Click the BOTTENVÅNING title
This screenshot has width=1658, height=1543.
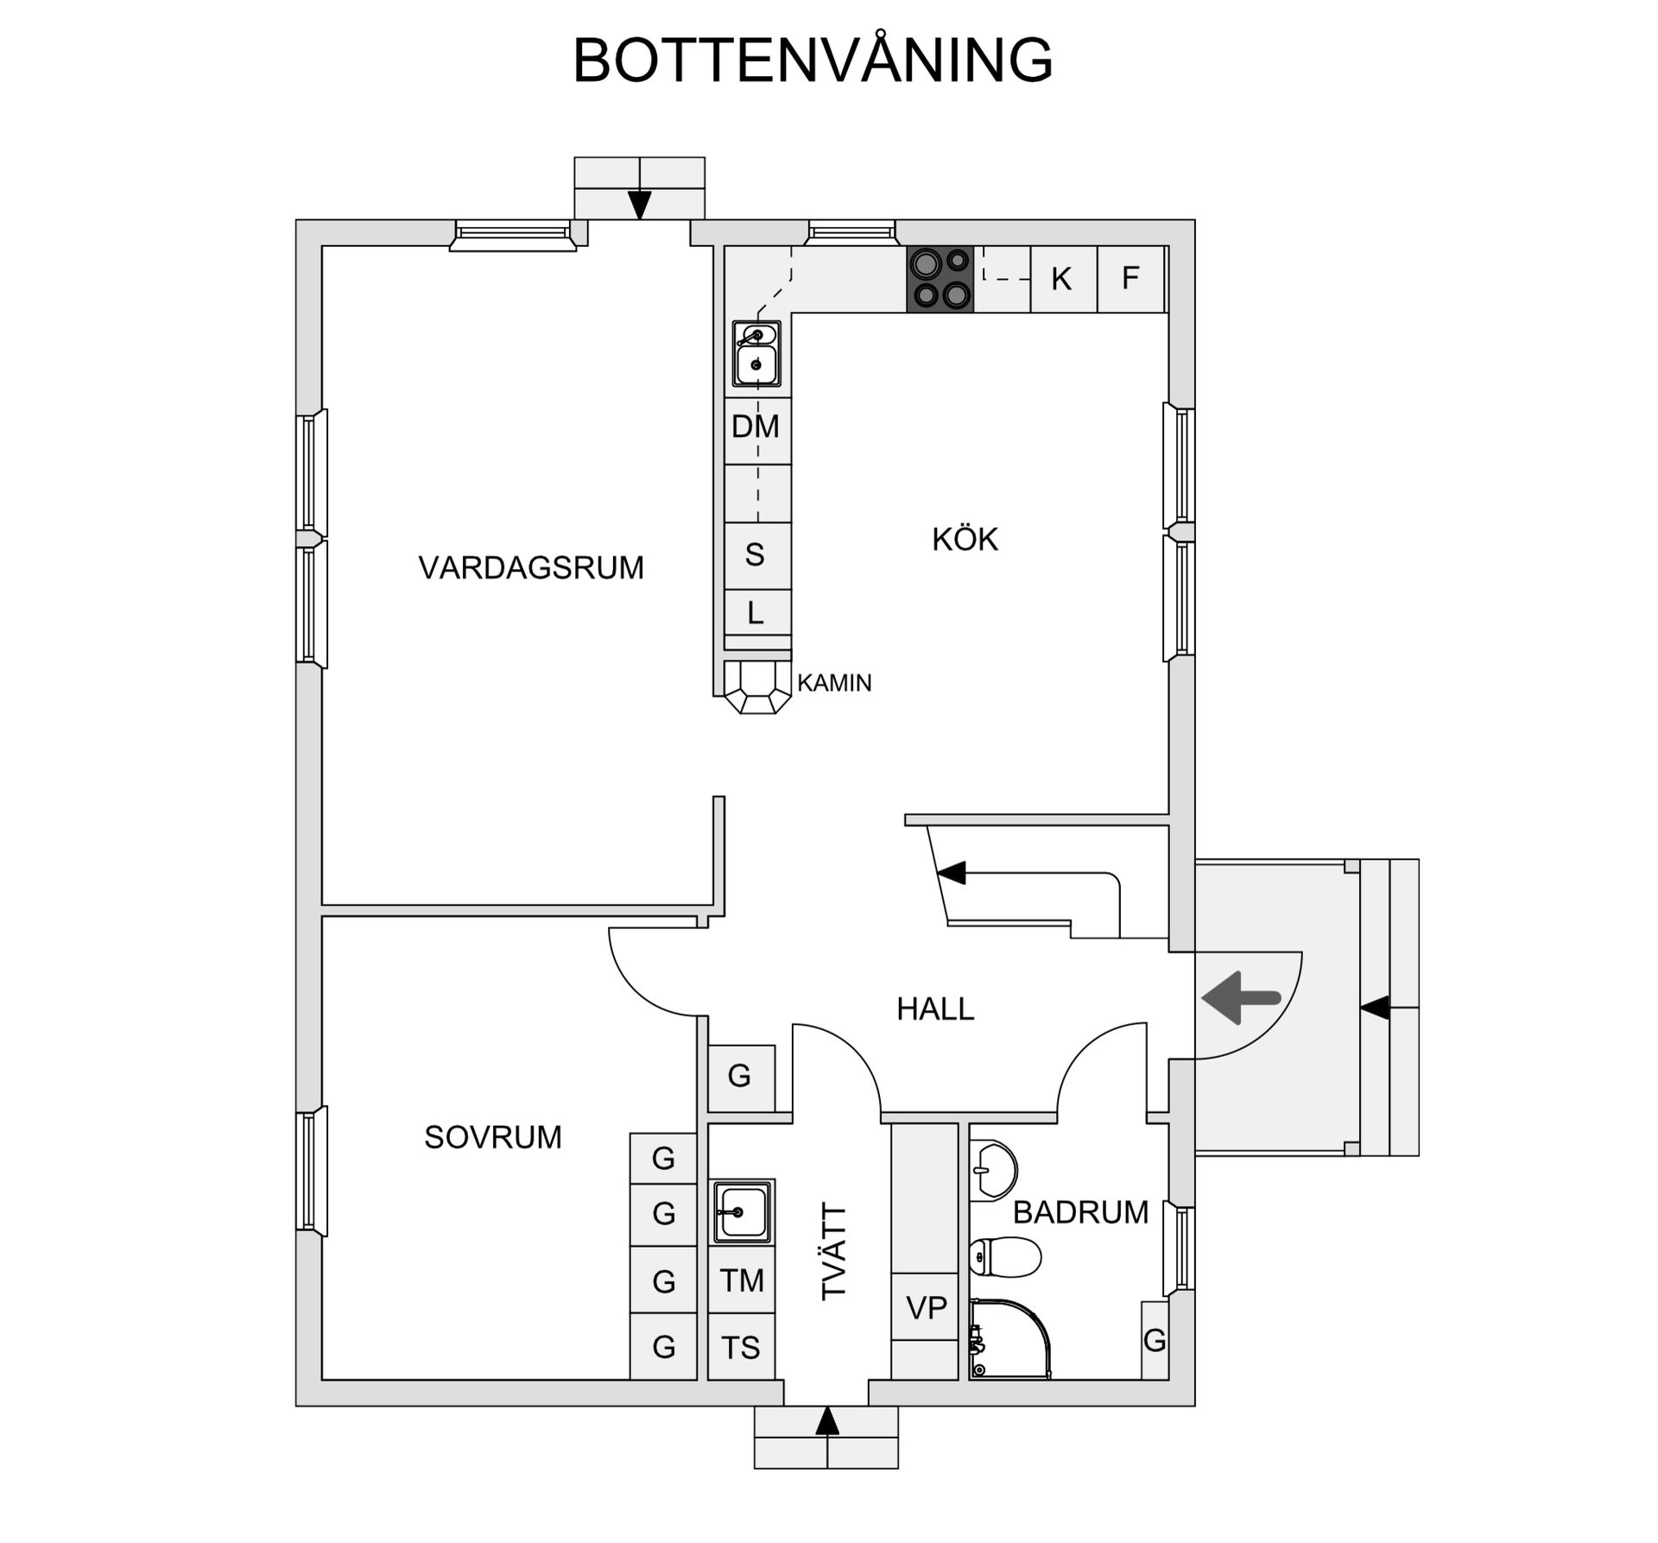click(x=813, y=60)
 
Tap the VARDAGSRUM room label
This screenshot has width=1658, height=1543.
click(x=531, y=568)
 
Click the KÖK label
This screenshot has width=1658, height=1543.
click(x=965, y=540)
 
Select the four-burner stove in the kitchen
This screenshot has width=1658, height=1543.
click(x=940, y=278)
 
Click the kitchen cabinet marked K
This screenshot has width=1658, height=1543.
click(x=1063, y=279)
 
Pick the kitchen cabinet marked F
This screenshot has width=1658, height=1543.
click(x=1130, y=278)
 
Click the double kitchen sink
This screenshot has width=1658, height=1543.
click(x=756, y=353)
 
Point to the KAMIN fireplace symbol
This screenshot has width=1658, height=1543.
click(x=757, y=687)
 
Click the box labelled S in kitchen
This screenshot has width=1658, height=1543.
click(x=756, y=555)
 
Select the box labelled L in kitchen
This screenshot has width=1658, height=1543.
click(x=756, y=613)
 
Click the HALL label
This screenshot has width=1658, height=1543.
click(x=935, y=1009)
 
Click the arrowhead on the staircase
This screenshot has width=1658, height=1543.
click(x=952, y=873)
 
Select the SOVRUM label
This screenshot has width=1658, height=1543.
click(x=492, y=1137)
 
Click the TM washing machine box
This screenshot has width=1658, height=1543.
click(x=741, y=1281)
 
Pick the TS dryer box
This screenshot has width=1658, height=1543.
click(x=741, y=1347)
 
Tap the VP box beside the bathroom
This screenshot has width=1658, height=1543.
click(x=926, y=1308)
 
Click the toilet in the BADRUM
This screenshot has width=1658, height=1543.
click(x=1004, y=1256)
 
